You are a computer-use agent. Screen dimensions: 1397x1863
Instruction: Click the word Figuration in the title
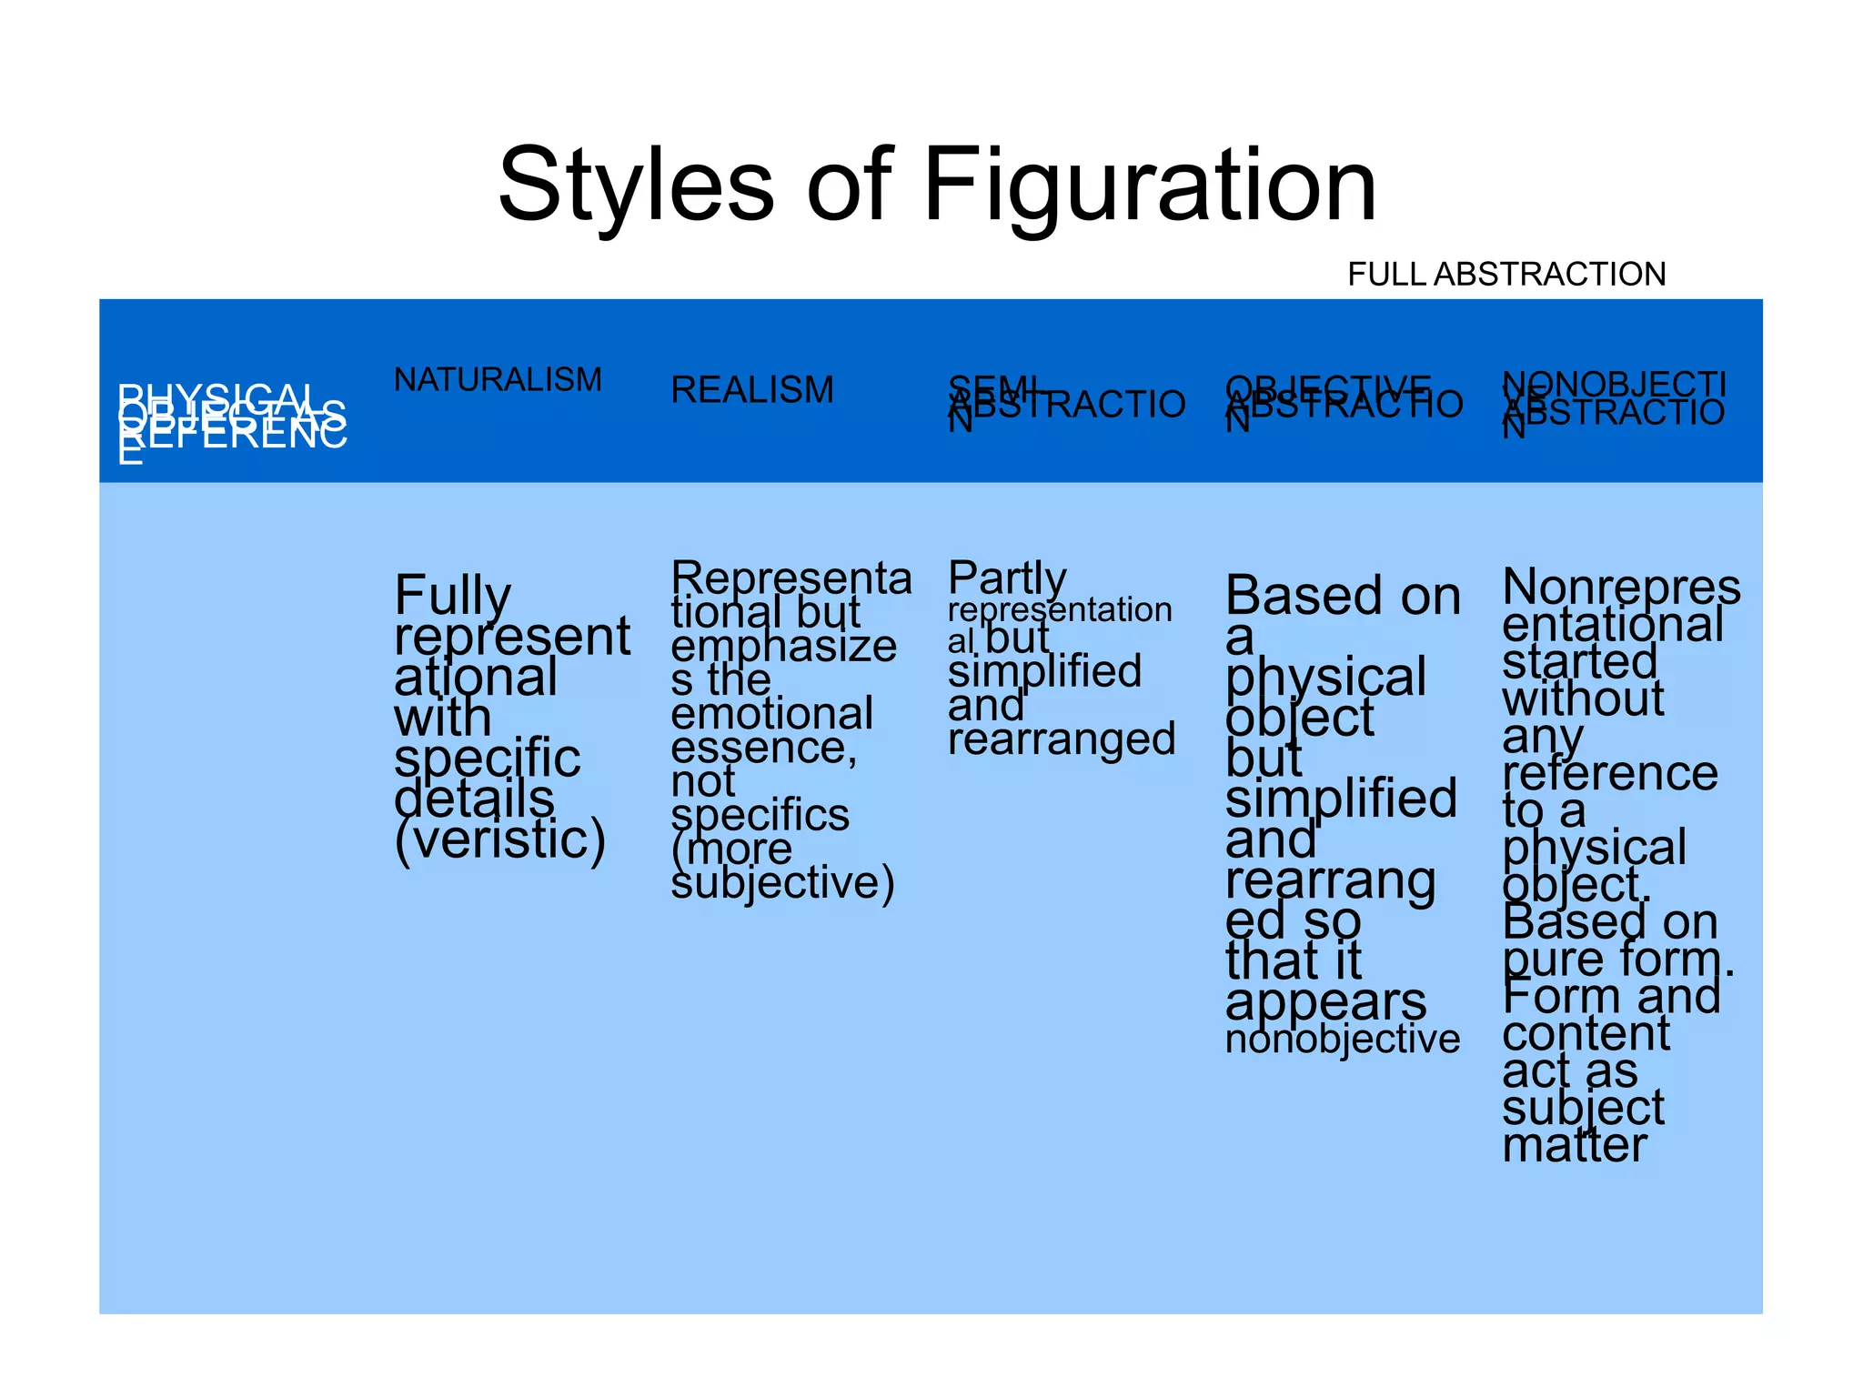coord(1150,186)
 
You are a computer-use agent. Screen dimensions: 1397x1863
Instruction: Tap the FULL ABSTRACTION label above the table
coord(1506,274)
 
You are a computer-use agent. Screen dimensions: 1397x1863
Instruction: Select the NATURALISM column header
coord(498,379)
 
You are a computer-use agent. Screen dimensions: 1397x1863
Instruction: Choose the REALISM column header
coord(752,390)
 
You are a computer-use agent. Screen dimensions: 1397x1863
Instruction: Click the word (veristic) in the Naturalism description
coord(499,839)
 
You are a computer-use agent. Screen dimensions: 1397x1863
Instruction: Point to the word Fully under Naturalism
coord(452,595)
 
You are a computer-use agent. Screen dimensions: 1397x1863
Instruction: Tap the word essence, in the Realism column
coord(763,749)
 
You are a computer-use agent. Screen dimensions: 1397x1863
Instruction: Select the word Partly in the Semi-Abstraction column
coord(1007,578)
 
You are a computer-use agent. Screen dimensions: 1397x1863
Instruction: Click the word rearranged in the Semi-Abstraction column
coord(1062,739)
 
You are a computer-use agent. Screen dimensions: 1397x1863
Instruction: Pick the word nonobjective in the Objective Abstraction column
coord(1342,1039)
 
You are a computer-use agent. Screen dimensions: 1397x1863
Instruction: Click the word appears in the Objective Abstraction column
coord(1325,1001)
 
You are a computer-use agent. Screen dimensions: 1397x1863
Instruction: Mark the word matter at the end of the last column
coord(1575,1145)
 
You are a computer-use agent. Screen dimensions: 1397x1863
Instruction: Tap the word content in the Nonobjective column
coord(1586,1033)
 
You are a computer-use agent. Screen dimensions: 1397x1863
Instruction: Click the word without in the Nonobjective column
coord(1583,699)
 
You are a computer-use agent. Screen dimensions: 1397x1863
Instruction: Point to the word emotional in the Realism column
coord(771,714)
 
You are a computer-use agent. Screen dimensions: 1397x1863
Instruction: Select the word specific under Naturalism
coord(487,758)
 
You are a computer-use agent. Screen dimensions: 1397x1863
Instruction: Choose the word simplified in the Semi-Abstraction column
coord(1044,672)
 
